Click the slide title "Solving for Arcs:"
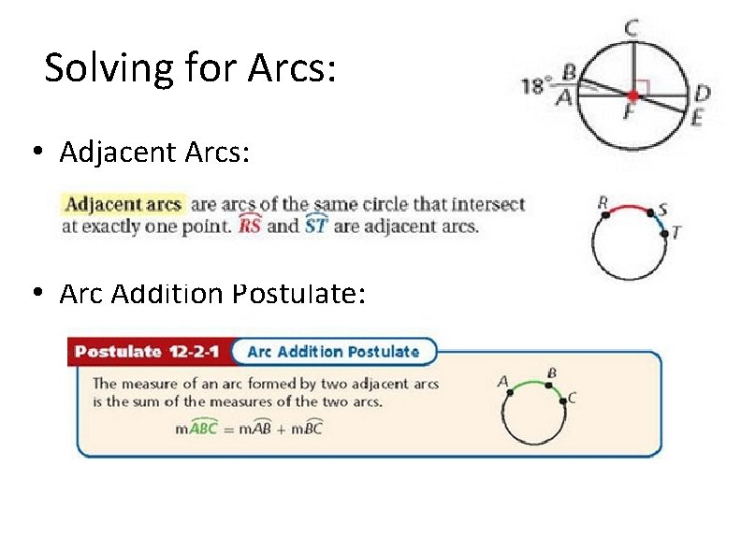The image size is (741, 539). (x=189, y=68)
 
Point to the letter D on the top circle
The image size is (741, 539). (x=702, y=94)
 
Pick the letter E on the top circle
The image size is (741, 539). (x=699, y=117)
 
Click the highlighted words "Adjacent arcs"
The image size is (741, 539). (x=122, y=204)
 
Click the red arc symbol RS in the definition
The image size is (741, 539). (x=250, y=226)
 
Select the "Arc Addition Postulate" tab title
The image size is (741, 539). (x=333, y=352)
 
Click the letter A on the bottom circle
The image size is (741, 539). (x=502, y=381)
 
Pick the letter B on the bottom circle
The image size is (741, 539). (x=552, y=372)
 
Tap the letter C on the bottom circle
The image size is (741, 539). (x=572, y=398)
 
